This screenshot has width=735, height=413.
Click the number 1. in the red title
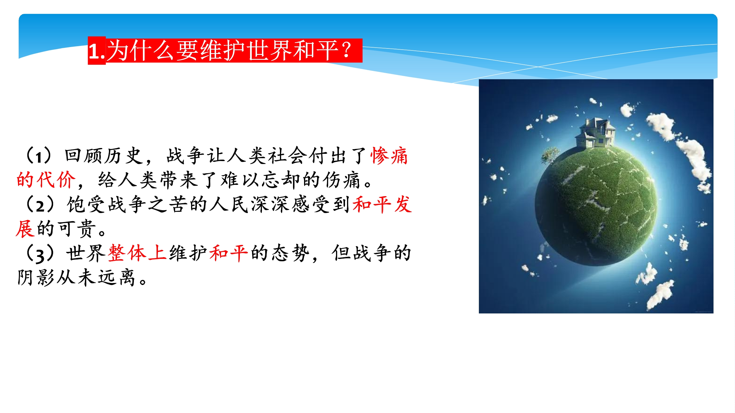coord(97,51)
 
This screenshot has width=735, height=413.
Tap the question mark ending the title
coord(347,50)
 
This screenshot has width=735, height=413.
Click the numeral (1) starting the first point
coord(39,156)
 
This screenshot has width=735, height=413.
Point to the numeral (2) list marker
coord(40,205)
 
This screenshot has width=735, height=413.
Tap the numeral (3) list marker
coord(40,253)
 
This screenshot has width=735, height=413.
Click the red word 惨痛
coord(389,156)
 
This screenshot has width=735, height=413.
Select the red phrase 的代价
coord(46,180)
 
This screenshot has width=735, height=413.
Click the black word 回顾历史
coord(104,156)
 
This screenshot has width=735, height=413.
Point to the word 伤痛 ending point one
coord(342,180)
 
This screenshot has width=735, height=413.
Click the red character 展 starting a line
coord(25,229)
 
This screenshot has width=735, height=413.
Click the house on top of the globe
coord(595,133)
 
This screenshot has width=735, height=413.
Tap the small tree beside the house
coord(550,156)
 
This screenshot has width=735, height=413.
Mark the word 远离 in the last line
coord(116,278)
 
